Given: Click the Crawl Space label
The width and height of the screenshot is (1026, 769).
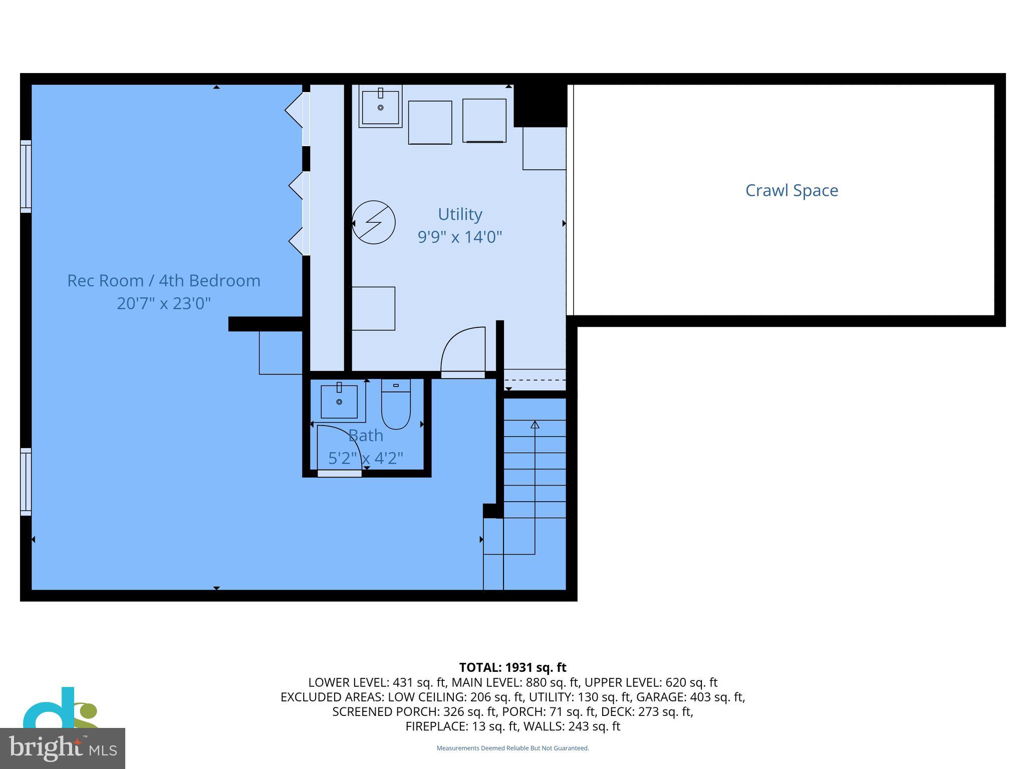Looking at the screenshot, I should click(x=792, y=190).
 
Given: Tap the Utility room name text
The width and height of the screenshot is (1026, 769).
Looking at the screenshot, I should click(x=460, y=214).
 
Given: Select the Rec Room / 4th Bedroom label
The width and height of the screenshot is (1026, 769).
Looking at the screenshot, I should click(x=164, y=280).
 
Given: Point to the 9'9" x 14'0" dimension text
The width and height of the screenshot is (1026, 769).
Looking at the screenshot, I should click(x=460, y=236).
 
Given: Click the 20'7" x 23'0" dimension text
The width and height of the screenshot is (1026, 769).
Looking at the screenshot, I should click(x=164, y=303).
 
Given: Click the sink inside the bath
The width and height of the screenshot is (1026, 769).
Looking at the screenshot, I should click(x=339, y=402).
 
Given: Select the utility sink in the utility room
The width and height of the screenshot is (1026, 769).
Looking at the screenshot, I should click(x=380, y=106).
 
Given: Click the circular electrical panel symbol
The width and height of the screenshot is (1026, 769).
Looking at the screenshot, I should click(x=374, y=222).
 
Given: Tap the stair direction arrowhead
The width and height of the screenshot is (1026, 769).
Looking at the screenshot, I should click(x=535, y=425).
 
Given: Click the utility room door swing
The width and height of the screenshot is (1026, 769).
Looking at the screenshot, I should click(x=463, y=350).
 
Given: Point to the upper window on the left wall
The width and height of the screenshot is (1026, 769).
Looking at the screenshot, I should click(x=26, y=176).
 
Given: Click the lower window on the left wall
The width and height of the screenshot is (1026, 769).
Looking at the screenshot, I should click(x=26, y=482).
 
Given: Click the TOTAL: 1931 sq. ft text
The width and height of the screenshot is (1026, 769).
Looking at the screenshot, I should click(x=512, y=667).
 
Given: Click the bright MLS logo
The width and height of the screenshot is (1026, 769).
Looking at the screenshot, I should click(x=62, y=748).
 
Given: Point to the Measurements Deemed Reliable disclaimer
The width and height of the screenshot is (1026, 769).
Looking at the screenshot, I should click(x=512, y=748).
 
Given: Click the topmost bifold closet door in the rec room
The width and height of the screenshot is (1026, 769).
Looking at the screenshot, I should click(x=295, y=110).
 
